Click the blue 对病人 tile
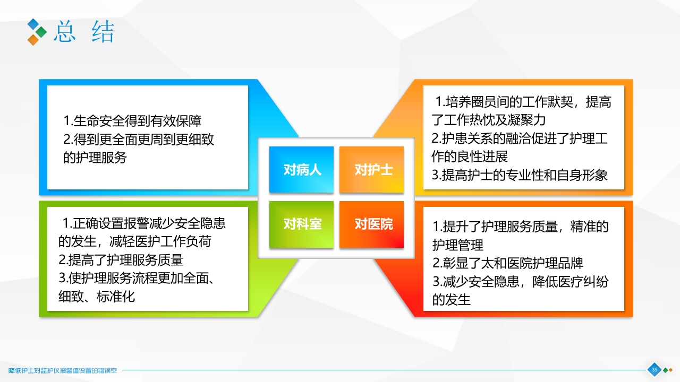301,170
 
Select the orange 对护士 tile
372,170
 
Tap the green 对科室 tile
301,224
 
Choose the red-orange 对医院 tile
372,224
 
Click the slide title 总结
84,32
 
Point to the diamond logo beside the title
37,32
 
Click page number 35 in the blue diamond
654,370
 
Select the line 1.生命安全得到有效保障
132,121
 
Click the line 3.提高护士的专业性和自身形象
520,175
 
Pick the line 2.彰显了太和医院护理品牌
508,263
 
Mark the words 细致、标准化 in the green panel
97,297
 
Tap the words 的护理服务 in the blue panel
96,158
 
